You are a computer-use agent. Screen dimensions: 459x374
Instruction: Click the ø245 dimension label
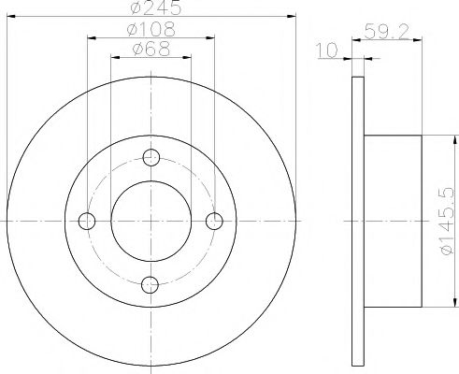[155, 7]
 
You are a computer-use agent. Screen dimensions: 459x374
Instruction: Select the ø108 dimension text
[151, 29]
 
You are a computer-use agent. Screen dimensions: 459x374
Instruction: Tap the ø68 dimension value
[151, 49]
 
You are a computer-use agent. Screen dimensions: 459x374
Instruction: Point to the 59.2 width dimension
[386, 32]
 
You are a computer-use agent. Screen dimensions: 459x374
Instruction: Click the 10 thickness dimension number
[327, 50]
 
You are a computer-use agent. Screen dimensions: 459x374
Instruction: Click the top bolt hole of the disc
[151, 157]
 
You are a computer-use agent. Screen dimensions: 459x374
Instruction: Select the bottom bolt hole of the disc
[150, 284]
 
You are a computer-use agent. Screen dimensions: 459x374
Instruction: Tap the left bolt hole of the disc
[87, 221]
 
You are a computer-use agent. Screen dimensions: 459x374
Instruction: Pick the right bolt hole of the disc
[214, 221]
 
